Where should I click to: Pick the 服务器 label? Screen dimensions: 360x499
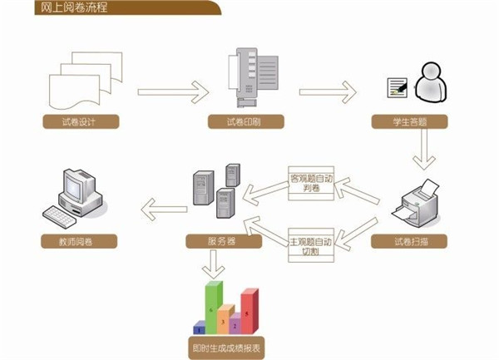click(x=224, y=242)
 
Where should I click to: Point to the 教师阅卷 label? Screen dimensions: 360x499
click(x=78, y=242)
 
